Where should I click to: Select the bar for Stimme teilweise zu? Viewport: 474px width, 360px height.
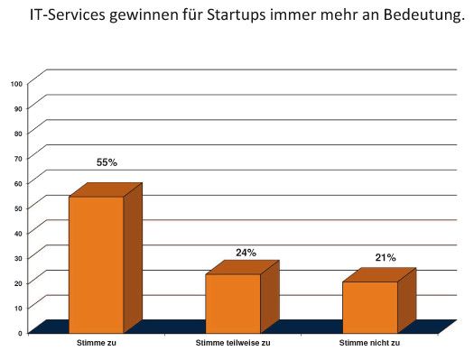233,303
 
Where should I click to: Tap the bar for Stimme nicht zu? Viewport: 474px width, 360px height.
369,307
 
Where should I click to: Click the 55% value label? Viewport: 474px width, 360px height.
107,162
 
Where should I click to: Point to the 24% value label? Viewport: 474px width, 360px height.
246,253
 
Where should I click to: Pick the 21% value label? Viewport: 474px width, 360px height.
386,258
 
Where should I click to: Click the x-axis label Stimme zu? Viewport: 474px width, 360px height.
95,344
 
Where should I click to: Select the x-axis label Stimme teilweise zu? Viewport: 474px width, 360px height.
232,344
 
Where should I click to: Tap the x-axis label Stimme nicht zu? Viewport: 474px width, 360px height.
369,344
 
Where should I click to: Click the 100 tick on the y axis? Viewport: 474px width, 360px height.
16,83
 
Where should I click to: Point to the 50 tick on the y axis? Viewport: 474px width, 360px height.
18,208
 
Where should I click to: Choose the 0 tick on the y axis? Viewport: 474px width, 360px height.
20,333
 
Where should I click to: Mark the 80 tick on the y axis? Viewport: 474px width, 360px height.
18,134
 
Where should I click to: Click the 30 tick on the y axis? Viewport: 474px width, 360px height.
18,258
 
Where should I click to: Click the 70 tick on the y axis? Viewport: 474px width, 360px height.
18,158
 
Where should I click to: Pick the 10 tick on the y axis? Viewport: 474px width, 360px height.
18,309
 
